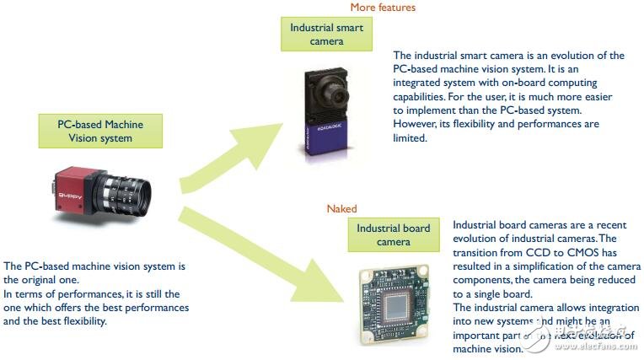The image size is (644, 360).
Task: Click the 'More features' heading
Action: tap(382, 8)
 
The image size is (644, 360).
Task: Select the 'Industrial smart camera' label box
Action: tap(326, 34)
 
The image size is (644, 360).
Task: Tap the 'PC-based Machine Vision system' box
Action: tap(100, 131)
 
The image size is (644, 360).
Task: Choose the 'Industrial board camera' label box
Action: tap(393, 234)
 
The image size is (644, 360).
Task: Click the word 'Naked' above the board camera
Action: tap(341, 208)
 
